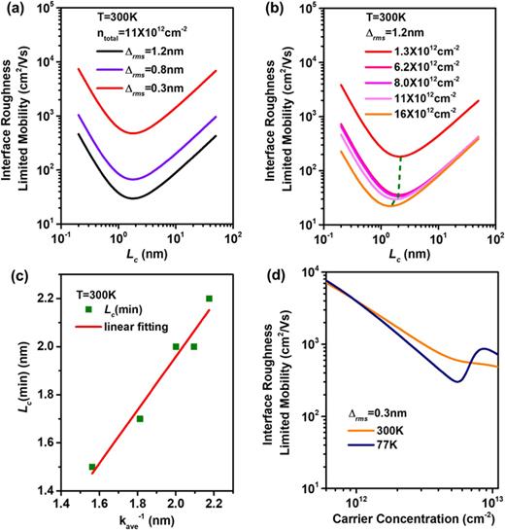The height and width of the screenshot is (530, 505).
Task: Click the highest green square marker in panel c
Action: (209, 299)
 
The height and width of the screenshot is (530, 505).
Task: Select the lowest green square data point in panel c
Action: (92, 467)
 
